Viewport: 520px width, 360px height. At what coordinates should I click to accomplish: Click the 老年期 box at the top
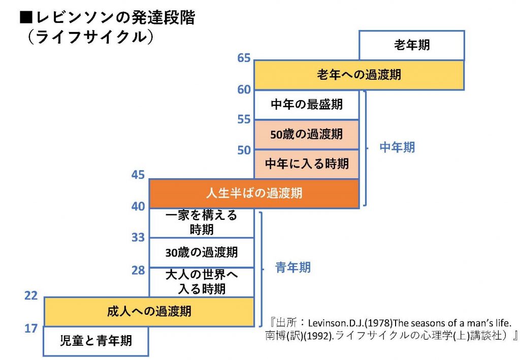(x=411, y=45)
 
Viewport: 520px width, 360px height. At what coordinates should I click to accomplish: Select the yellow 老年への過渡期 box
(x=359, y=75)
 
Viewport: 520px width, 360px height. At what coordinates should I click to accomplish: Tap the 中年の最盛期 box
(x=306, y=105)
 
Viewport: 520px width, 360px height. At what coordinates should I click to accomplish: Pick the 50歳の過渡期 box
(x=306, y=135)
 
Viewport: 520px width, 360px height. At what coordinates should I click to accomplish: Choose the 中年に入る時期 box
(x=306, y=164)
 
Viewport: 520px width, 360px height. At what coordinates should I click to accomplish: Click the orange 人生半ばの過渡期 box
(x=254, y=193)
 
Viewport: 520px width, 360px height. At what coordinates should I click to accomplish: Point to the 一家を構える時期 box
(x=201, y=222)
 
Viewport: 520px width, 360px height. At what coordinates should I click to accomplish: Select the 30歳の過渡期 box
(x=201, y=252)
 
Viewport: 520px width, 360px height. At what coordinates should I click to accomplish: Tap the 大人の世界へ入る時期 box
(x=201, y=282)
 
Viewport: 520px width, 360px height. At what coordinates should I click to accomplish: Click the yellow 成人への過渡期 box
(x=149, y=311)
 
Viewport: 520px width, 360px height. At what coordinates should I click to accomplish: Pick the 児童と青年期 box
(x=96, y=341)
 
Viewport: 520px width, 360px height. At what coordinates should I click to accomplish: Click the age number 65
(x=244, y=58)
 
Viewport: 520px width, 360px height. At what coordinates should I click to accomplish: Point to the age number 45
(x=138, y=175)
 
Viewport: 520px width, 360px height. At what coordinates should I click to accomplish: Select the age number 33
(x=138, y=237)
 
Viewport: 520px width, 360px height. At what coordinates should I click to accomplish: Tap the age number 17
(x=31, y=329)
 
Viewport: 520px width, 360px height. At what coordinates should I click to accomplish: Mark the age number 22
(x=31, y=296)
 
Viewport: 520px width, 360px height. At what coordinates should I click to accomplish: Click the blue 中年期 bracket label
(x=397, y=148)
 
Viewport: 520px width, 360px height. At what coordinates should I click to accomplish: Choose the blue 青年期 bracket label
(x=293, y=268)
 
